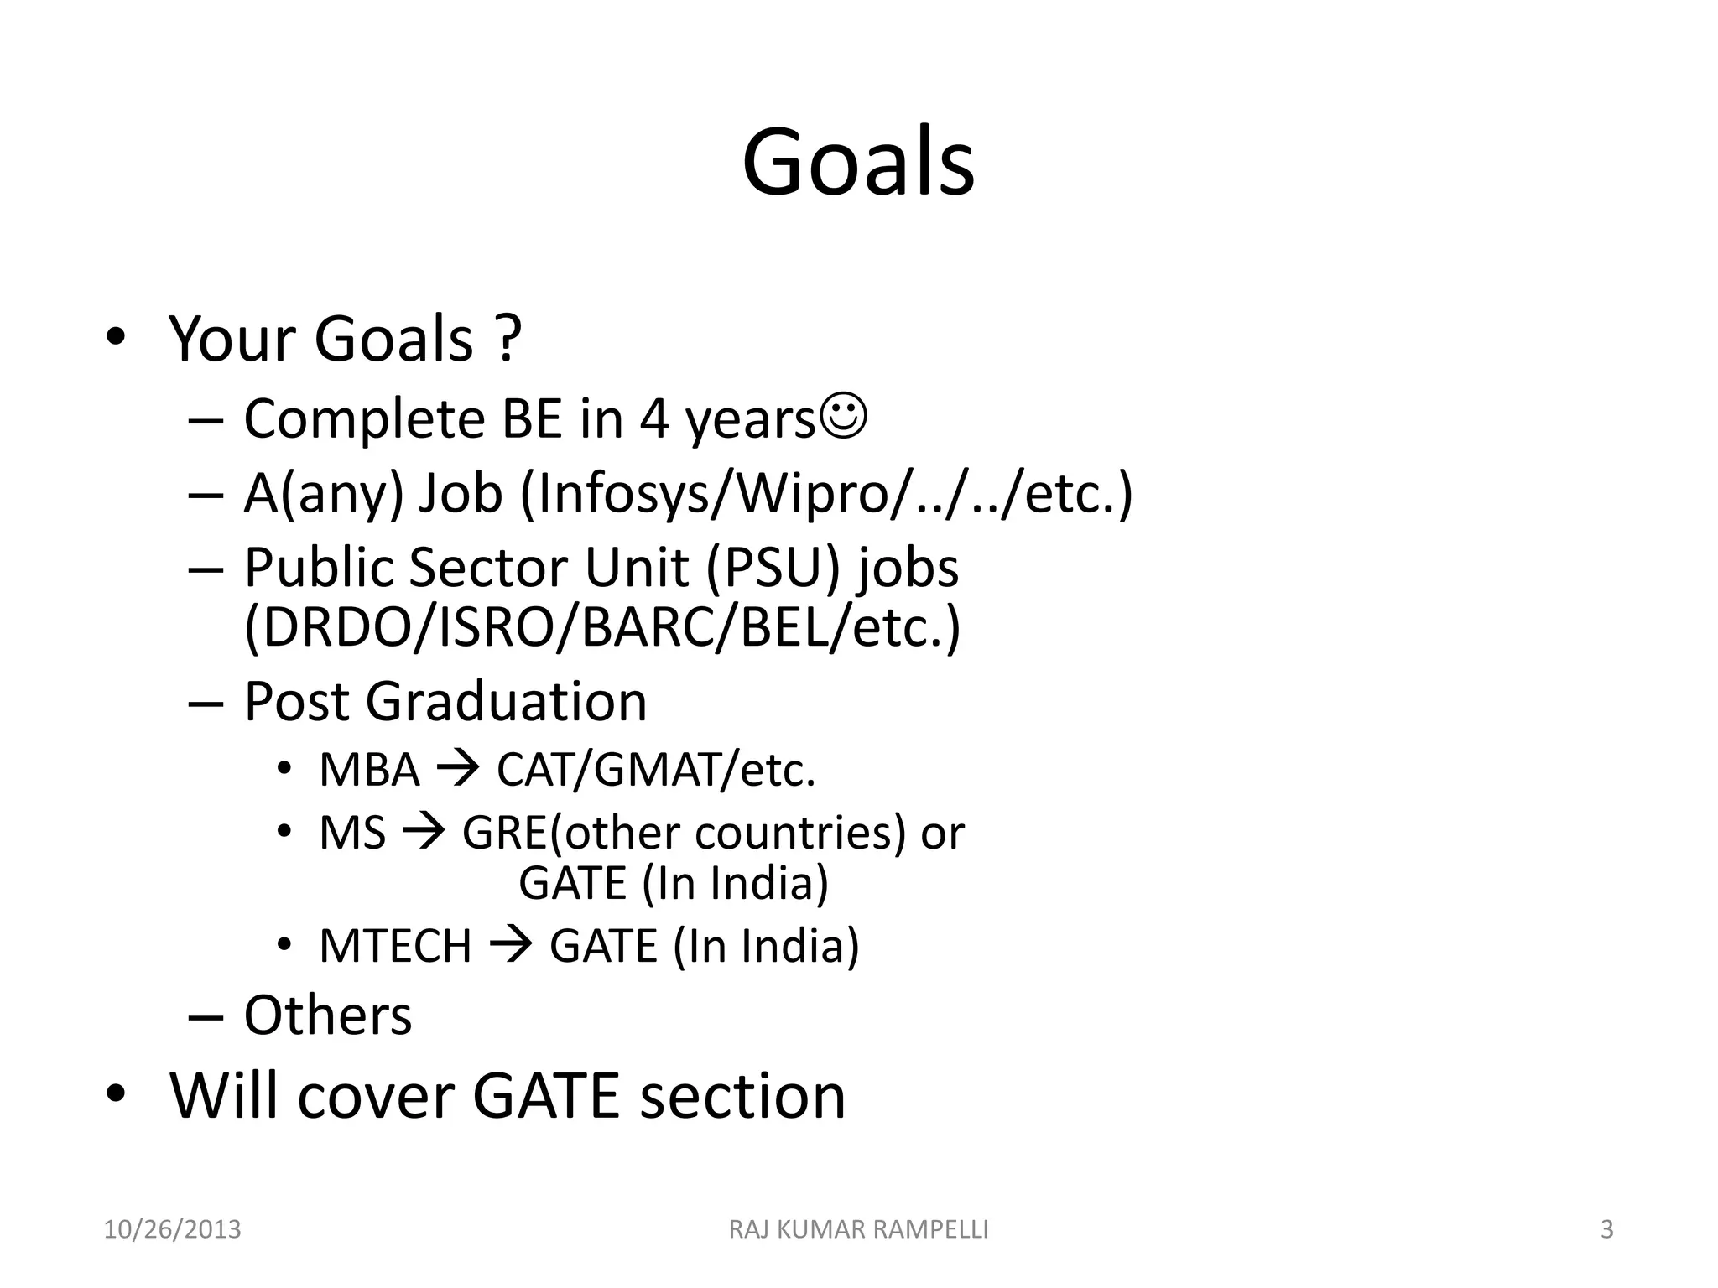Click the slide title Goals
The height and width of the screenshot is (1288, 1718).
click(x=858, y=163)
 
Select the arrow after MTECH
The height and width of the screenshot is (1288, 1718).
click(x=510, y=946)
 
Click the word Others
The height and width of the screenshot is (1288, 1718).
click(x=328, y=1015)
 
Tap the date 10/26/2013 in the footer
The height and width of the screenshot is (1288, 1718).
click(x=172, y=1230)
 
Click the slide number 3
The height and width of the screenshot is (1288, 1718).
click(x=1607, y=1230)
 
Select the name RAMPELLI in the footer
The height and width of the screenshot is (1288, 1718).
click(x=930, y=1230)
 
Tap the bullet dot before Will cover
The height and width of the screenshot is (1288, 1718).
click(x=116, y=1094)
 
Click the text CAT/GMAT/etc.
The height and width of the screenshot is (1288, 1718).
click(x=656, y=770)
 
